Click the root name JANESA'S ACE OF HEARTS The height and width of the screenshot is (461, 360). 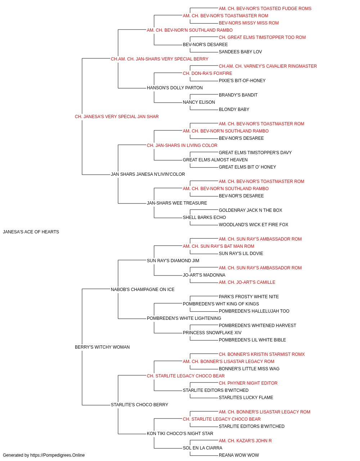tap(31, 232)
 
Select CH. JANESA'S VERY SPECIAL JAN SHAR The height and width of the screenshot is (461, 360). tap(117, 117)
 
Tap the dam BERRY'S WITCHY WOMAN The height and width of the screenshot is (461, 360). tap(102, 347)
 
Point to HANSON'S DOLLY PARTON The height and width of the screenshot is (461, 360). tap(175, 88)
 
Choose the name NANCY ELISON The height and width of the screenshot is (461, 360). tap(199, 102)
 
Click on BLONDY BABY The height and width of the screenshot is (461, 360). tap(234, 109)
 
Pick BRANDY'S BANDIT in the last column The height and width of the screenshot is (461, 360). tap(238, 95)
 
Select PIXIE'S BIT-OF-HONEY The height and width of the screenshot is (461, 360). tap(242, 81)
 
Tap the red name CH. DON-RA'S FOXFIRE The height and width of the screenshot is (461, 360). tap(207, 73)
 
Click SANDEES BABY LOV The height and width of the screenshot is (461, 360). tap(240, 52)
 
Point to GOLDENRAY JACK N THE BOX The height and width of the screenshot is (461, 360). tap(251, 210)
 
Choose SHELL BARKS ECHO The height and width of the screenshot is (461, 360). tap(204, 218)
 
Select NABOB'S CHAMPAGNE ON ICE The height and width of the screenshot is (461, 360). tap(143, 290)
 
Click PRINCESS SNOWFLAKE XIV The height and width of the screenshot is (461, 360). tap(212, 333)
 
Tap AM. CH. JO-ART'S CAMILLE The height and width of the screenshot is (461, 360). tap(247, 282)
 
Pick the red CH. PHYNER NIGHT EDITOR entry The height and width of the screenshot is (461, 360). tap(248, 383)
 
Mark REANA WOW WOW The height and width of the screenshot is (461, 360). tap(239, 455)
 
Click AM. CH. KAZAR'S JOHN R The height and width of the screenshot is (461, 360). tap(245, 440)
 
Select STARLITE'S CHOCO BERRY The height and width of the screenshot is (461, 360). tap(140, 405)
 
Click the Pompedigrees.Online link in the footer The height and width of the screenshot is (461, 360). tap(58, 455)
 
